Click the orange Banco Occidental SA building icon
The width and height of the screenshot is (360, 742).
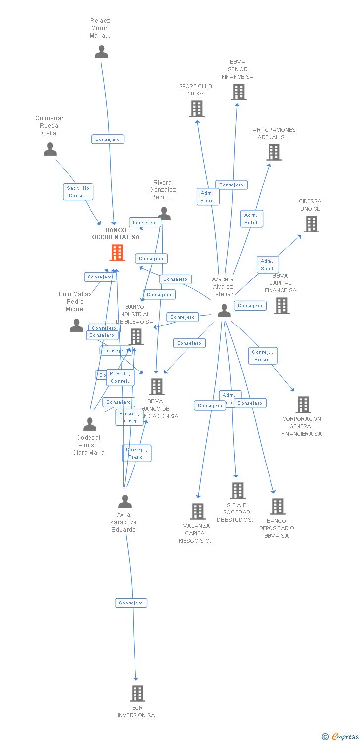click(x=117, y=253)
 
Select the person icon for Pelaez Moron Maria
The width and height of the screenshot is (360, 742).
click(x=101, y=52)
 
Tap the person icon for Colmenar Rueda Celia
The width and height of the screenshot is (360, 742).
click(x=50, y=149)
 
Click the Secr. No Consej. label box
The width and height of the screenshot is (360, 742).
click(x=78, y=192)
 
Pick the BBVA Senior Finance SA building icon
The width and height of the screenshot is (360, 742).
click(x=238, y=92)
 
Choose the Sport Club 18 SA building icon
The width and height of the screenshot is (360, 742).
click(x=197, y=109)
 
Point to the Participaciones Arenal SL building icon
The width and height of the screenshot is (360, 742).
click(x=273, y=152)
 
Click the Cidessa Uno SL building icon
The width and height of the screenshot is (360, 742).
click(x=311, y=224)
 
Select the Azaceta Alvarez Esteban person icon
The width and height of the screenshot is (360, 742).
click(x=224, y=311)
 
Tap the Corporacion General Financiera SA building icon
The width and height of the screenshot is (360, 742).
click(x=303, y=405)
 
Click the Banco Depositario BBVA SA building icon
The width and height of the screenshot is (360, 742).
click(x=277, y=507)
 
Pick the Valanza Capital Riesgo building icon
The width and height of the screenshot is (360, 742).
click(x=198, y=511)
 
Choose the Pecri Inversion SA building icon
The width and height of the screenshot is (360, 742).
click(x=137, y=694)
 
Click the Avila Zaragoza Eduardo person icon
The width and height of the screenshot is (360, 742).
click(x=125, y=502)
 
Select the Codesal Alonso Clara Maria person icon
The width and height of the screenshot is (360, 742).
click(x=90, y=424)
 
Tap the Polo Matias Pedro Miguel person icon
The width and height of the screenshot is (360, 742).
click(x=76, y=325)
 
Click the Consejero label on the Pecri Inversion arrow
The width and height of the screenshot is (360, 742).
click(x=131, y=603)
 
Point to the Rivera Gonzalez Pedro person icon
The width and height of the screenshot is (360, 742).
click(x=164, y=214)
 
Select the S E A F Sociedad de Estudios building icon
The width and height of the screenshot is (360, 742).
click(x=238, y=491)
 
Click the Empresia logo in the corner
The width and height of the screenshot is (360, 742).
click(x=341, y=737)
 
